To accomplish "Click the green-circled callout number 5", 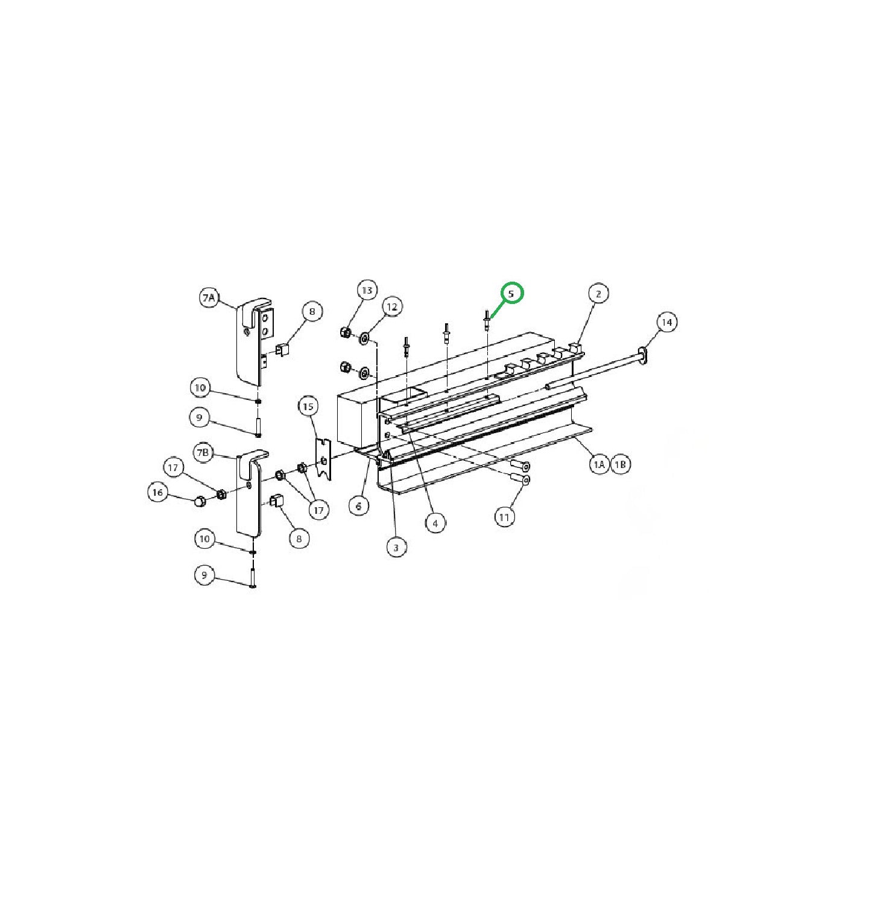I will pyautogui.click(x=511, y=294).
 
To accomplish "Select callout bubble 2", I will pyautogui.click(x=598, y=294).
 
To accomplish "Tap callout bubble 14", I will pyautogui.click(x=666, y=322).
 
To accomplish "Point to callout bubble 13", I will pyautogui.click(x=367, y=290).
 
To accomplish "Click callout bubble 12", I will pyautogui.click(x=392, y=307).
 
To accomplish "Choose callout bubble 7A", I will pyautogui.click(x=209, y=297).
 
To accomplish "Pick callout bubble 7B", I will pyautogui.click(x=204, y=452).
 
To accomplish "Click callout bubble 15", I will pyautogui.click(x=308, y=407).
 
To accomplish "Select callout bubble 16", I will pyautogui.click(x=157, y=492).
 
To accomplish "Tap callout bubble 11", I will pyautogui.click(x=505, y=517).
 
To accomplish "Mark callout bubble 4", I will pyautogui.click(x=435, y=523).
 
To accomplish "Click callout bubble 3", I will pyautogui.click(x=396, y=548).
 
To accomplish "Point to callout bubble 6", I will pyautogui.click(x=359, y=505).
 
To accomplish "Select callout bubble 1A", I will pyautogui.click(x=598, y=464).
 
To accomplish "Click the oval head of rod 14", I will pyautogui.click(x=644, y=355).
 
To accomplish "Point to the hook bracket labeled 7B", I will pyautogui.click(x=250, y=495).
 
